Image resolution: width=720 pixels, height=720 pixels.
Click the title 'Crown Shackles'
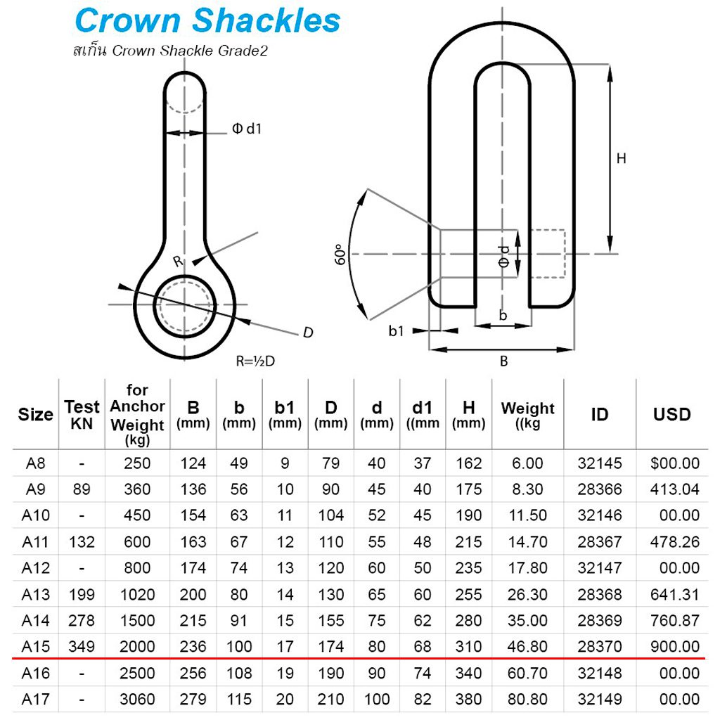point(207,21)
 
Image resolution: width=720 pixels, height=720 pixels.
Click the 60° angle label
point(341,254)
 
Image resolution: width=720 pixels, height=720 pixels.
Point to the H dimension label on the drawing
point(621,159)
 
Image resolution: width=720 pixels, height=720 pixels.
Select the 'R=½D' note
point(255,361)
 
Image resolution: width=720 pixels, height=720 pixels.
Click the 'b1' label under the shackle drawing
point(397,330)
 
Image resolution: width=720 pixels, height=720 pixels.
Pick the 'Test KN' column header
point(82,414)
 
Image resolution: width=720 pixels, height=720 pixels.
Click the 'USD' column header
point(671,415)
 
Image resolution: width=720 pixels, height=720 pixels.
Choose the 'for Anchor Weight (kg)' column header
point(137,415)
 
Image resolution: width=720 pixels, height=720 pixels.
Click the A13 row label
point(36,594)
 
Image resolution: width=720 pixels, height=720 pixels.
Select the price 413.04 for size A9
point(674,489)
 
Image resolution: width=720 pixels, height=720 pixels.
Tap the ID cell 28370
point(599,646)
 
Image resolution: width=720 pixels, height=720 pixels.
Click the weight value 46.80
point(527,646)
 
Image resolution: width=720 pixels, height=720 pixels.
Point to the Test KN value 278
point(82,620)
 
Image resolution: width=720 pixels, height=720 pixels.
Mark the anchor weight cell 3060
point(137,699)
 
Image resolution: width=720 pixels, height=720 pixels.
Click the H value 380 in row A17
point(468,699)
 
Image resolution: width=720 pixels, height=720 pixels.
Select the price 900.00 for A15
point(674,646)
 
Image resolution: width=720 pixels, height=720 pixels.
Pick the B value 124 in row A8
point(193,463)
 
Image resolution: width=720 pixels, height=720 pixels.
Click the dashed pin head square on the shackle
point(548,254)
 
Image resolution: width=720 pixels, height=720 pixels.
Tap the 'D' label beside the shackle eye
point(307,333)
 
